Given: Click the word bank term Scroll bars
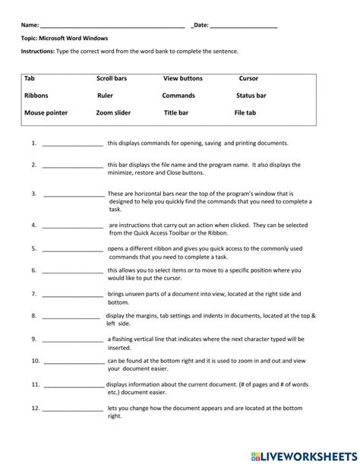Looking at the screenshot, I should (x=112, y=78).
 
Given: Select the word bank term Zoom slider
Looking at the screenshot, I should (x=113, y=112).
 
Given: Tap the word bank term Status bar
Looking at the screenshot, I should (x=251, y=96).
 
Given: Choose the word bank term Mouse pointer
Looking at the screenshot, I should (x=46, y=112).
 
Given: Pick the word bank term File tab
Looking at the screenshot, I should (x=245, y=112).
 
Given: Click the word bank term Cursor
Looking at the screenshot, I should (x=248, y=78).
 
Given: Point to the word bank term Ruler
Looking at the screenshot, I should (x=105, y=96).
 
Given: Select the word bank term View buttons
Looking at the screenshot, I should (x=183, y=78).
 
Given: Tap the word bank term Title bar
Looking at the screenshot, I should (x=176, y=112).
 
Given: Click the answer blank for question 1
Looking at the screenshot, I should (x=73, y=144).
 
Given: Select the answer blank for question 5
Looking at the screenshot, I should (x=73, y=248).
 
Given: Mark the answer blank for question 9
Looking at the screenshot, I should (x=73, y=340).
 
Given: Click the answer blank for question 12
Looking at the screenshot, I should (x=73, y=411).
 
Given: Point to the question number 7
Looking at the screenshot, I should (x=34, y=293).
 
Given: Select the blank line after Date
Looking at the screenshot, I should (x=243, y=26).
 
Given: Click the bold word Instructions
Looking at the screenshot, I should (x=38, y=51).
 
